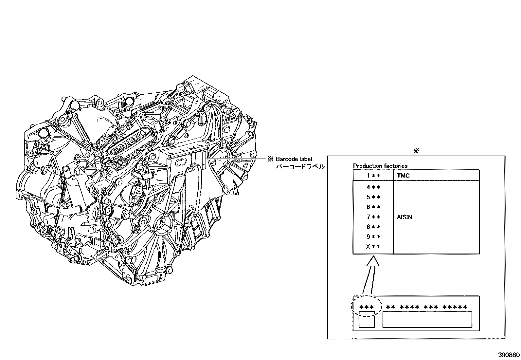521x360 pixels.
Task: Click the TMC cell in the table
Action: point(403,176)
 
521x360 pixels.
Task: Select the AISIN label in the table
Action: point(404,217)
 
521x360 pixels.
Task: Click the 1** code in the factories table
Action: point(373,176)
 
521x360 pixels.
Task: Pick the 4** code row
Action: point(373,188)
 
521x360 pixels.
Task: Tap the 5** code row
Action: point(373,198)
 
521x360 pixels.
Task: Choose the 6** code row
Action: point(373,207)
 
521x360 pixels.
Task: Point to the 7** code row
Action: point(373,217)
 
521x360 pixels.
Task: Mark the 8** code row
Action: point(373,227)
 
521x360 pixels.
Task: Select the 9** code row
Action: point(373,237)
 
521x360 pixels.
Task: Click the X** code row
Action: point(373,247)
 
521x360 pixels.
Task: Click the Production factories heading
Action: point(380,166)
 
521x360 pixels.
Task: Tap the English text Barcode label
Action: point(294,159)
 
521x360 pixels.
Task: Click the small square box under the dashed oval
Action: point(367,320)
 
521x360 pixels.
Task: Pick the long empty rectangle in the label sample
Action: point(427,320)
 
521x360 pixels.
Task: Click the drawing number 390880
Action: point(509,355)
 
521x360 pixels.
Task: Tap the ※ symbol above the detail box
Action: point(416,151)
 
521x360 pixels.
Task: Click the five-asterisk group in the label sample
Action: point(455,307)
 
